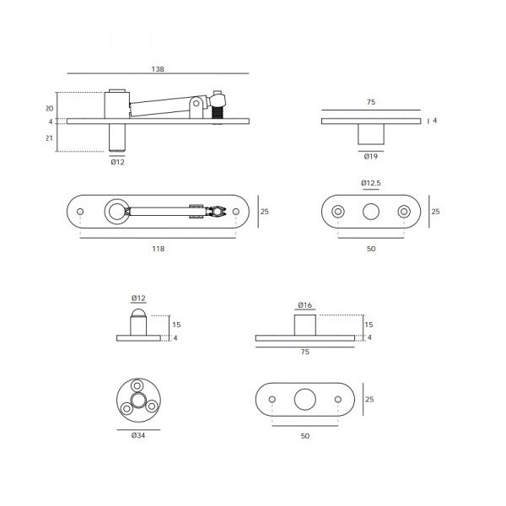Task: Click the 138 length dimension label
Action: point(158,69)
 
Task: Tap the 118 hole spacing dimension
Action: point(159,249)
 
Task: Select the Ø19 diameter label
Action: point(371,157)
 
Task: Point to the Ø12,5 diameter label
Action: point(371,183)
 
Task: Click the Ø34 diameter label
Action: point(138,435)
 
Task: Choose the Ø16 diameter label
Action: point(305,305)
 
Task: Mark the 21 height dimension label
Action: point(49,138)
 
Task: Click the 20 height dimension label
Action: point(50,109)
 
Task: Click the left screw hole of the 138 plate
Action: point(80,212)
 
